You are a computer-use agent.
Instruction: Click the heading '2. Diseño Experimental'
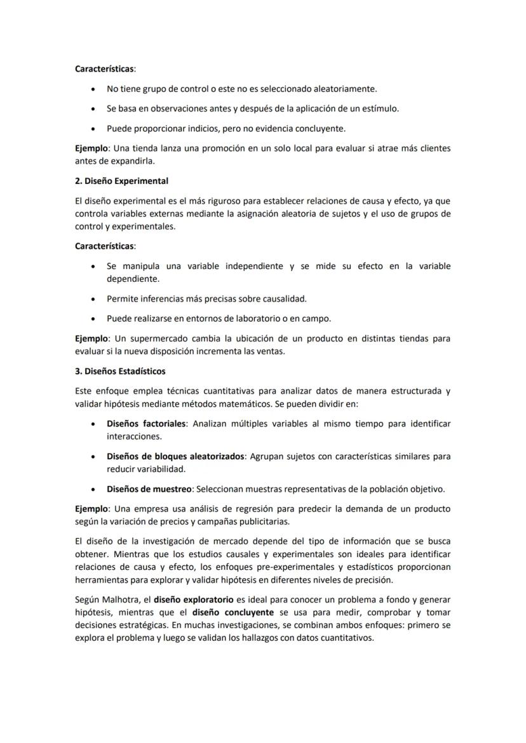click(121, 181)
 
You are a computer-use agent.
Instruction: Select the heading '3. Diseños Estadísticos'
click(120, 371)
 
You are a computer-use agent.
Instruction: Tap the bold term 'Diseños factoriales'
click(146, 423)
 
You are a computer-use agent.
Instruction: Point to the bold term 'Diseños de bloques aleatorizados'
click(175, 456)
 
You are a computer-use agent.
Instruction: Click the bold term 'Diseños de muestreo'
click(149, 489)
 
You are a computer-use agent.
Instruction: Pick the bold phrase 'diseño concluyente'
click(233, 612)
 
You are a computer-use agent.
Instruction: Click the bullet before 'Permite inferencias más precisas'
click(95, 299)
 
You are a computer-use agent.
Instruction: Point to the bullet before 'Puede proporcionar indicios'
click(95, 129)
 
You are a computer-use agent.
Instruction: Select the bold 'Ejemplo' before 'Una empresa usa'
click(92, 509)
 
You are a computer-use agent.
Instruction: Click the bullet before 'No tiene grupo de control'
click(95, 89)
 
